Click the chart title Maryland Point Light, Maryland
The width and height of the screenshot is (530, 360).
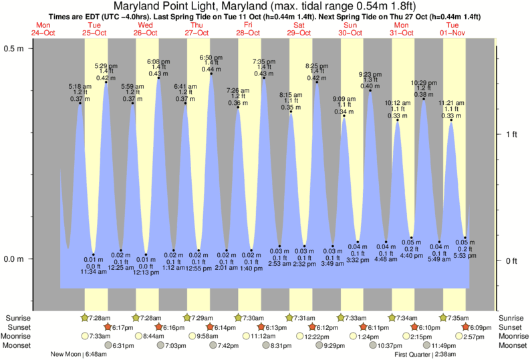[265, 7]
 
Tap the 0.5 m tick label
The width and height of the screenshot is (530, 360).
[13, 49]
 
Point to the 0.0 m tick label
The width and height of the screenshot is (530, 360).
[13, 259]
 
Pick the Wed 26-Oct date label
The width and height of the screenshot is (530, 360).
[146, 28]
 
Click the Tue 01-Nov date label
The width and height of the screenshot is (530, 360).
[453, 28]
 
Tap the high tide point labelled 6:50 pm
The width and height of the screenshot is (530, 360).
[211, 73]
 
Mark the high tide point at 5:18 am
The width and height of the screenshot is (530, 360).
[80, 103]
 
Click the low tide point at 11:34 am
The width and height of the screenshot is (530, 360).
[94, 254]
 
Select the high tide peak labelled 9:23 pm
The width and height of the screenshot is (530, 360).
[370, 90]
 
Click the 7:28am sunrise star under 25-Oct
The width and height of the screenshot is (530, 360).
[84, 317]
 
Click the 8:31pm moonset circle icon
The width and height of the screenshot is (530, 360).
[265, 345]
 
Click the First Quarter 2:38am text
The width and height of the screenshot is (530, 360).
[426, 355]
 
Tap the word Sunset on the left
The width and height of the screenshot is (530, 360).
[17, 327]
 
